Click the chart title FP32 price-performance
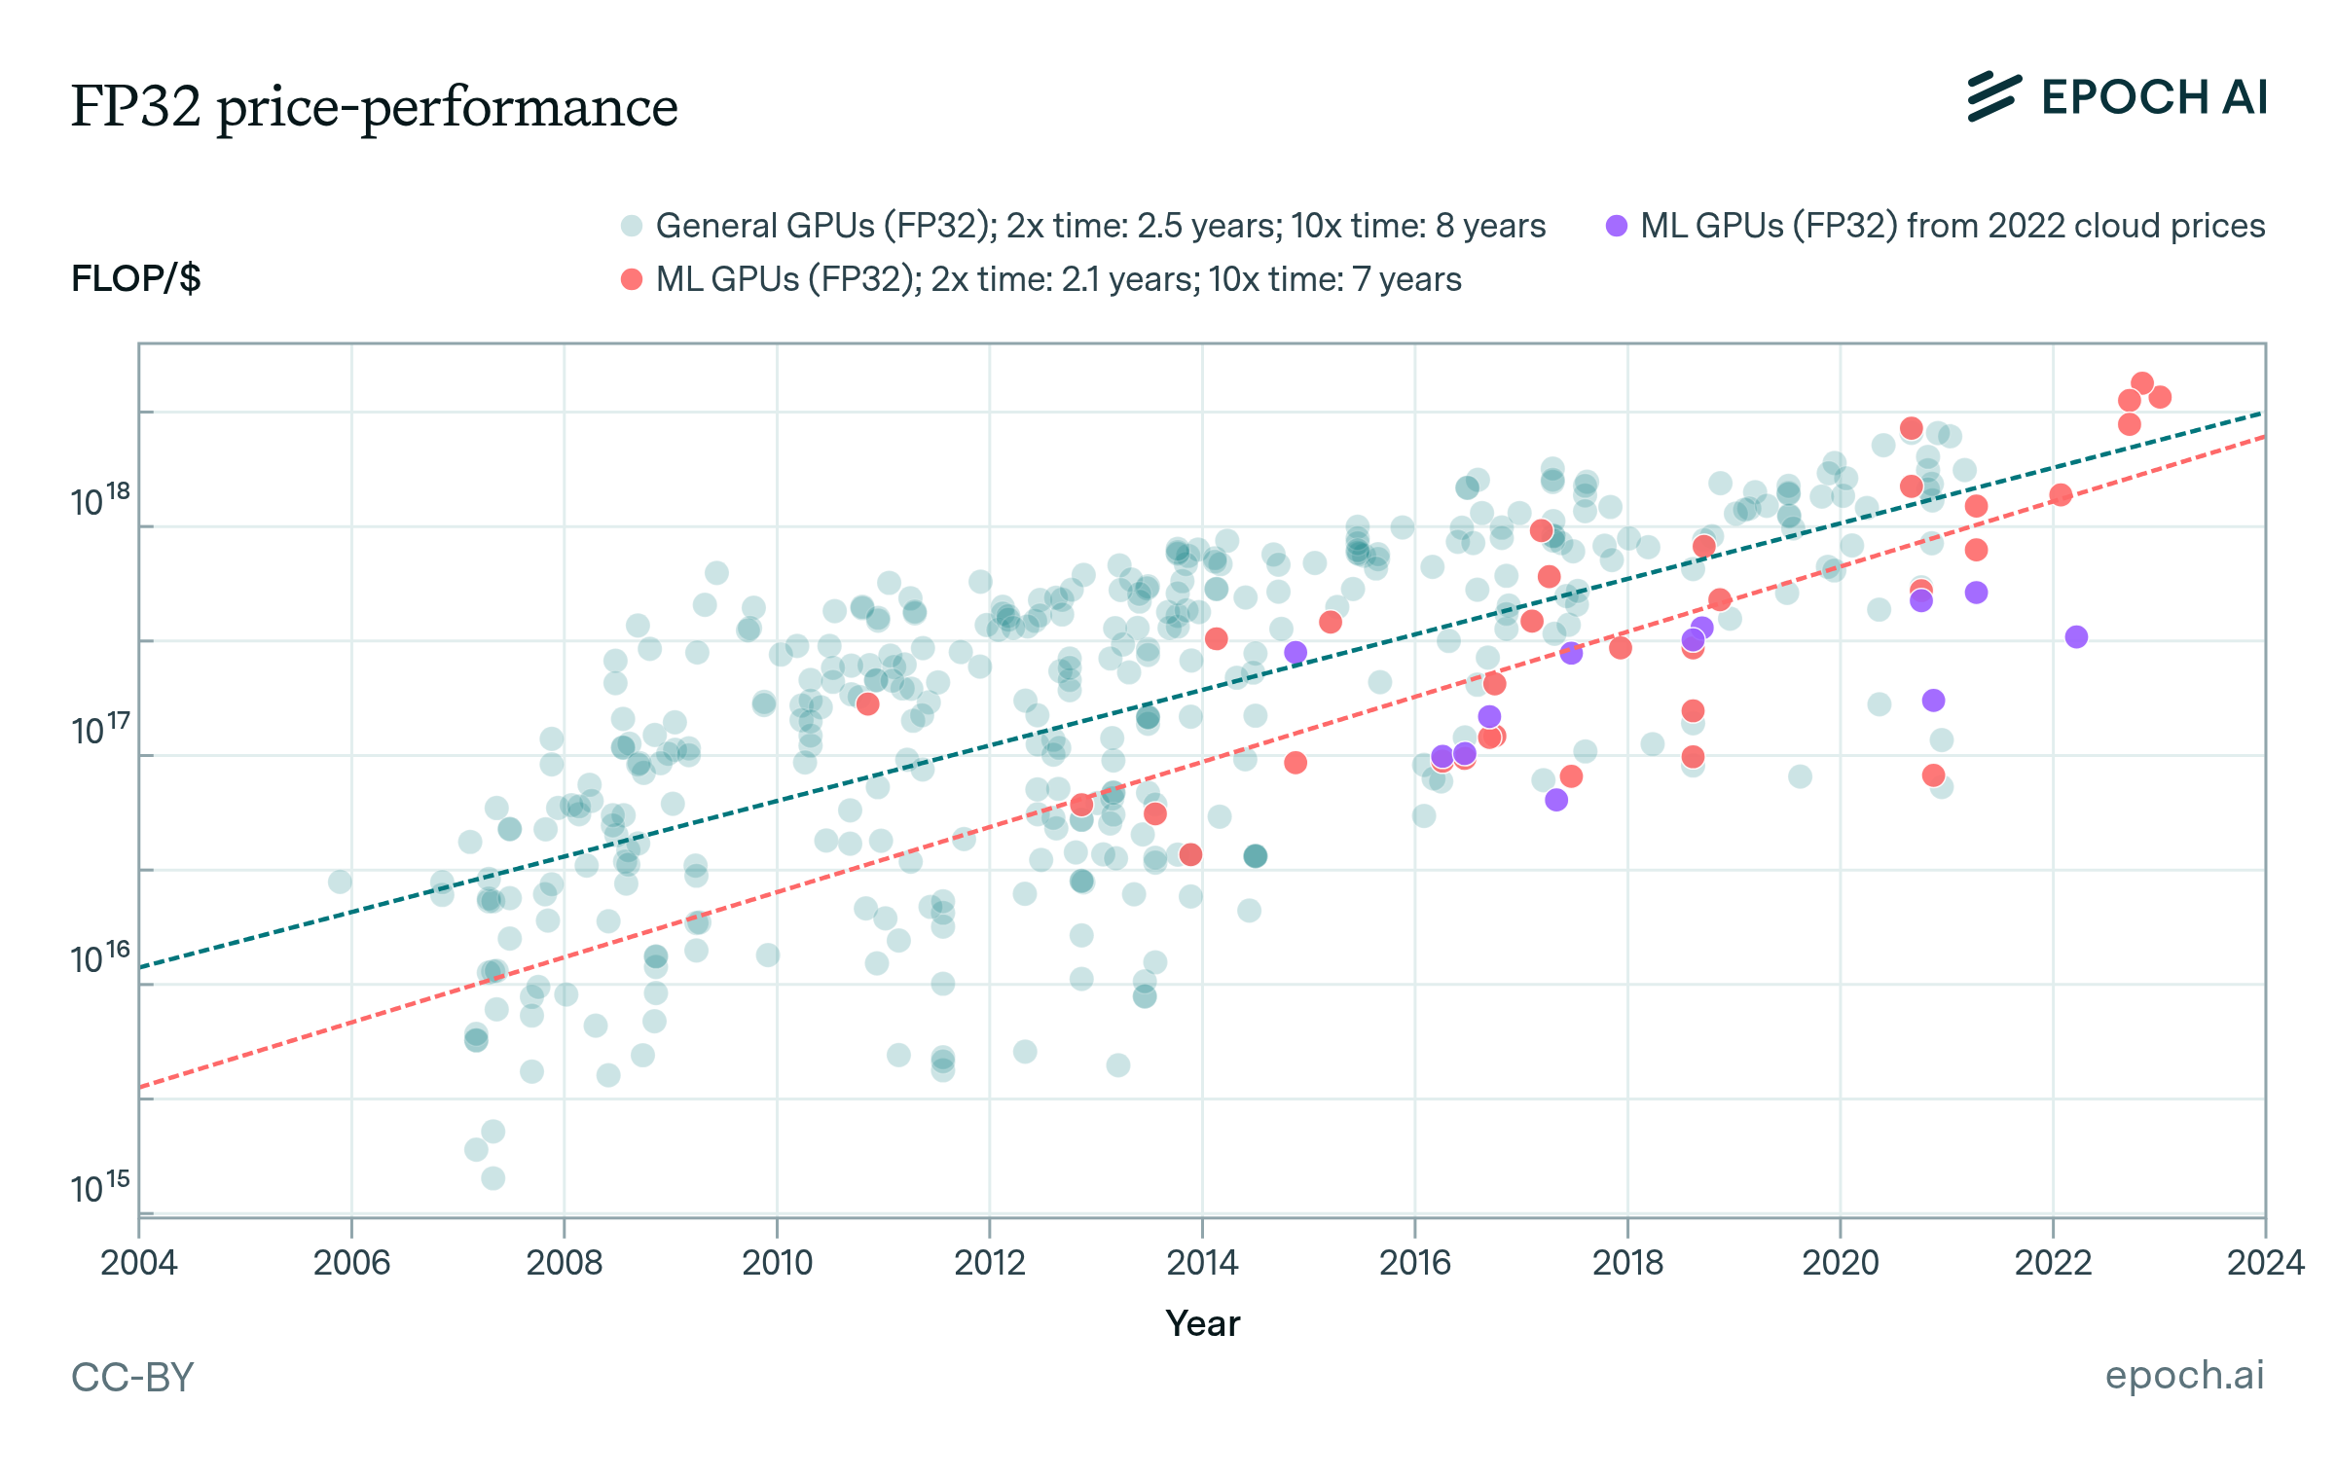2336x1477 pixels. [374, 106]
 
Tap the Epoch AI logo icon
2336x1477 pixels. [1993, 97]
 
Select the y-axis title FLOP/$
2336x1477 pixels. [135, 279]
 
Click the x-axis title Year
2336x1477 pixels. [1202, 1323]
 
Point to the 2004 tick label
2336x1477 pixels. [138, 1263]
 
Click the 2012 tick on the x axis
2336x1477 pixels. [989, 1263]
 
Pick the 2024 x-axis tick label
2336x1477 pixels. [2265, 1263]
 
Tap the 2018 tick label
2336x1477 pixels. [1627, 1263]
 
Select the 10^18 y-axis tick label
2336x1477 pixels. [99, 501]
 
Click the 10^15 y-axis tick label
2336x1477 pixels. [99, 1188]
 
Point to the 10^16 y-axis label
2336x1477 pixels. [99, 959]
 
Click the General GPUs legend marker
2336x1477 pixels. [632, 226]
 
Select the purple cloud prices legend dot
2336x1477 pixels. [1617, 226]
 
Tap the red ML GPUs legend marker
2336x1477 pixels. [632, 279]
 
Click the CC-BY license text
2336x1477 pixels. [132, 1378]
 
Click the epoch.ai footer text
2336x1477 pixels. [2184, 1375]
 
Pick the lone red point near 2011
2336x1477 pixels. [867, 703]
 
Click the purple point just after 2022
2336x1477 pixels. [2076, 636]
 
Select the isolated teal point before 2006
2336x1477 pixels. [340, 882]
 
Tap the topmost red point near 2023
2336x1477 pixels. [2141, 383]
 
